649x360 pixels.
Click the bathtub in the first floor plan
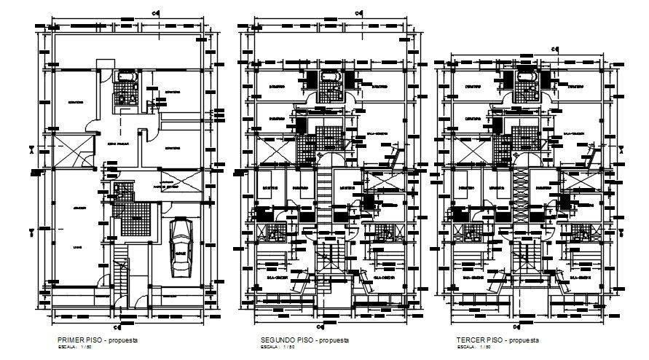pos(125,76)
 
